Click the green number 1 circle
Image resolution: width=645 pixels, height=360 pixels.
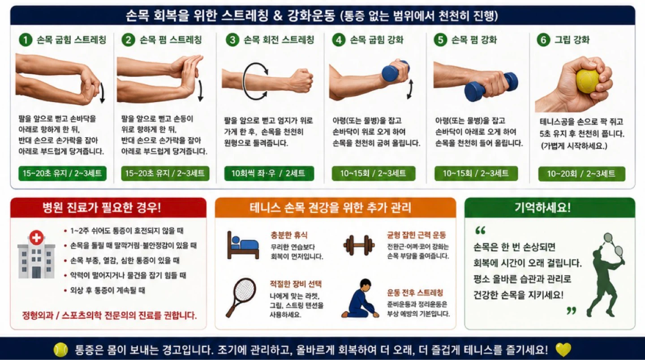[x=26, y=40]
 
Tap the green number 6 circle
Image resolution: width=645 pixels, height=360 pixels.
[x=543, y=40]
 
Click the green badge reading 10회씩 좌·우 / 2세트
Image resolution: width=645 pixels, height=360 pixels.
[x=269, y=173]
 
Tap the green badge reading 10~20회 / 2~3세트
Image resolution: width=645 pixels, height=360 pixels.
[x=582, y=174]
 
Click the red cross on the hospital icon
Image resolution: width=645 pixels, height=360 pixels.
[x=36, y=238]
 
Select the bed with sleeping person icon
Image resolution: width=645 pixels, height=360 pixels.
[x=243, y=245]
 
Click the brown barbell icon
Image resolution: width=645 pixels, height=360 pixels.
[x=359, y=245]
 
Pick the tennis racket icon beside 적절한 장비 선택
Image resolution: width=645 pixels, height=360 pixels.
[x=241, y=297]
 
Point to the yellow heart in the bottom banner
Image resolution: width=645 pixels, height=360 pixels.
[x=563, y=350]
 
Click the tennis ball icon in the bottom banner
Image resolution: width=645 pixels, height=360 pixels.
[x=61, y=350]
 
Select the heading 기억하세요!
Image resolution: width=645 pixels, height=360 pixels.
[x=542, y=207]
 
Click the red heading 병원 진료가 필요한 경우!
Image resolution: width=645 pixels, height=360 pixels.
[x=102, y=207]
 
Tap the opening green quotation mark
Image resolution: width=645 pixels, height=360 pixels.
[x=481, y=230]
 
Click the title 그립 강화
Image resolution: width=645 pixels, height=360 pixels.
[x=572, y=40]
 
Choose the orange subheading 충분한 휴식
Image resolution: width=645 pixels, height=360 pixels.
[x=289, y=235]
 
